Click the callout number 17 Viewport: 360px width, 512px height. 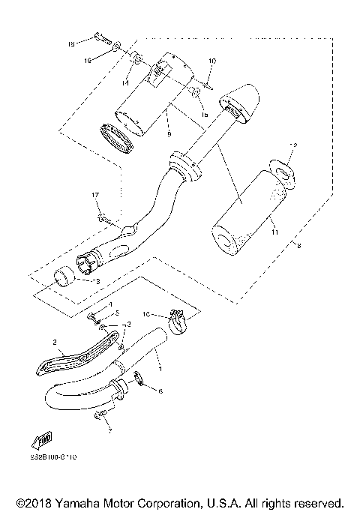click(95, 196)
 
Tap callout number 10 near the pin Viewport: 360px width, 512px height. click(211, 60)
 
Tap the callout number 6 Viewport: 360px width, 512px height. click(160, 391)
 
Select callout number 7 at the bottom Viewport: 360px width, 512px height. click(109, 432)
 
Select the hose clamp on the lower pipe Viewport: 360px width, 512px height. click(179, 323)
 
